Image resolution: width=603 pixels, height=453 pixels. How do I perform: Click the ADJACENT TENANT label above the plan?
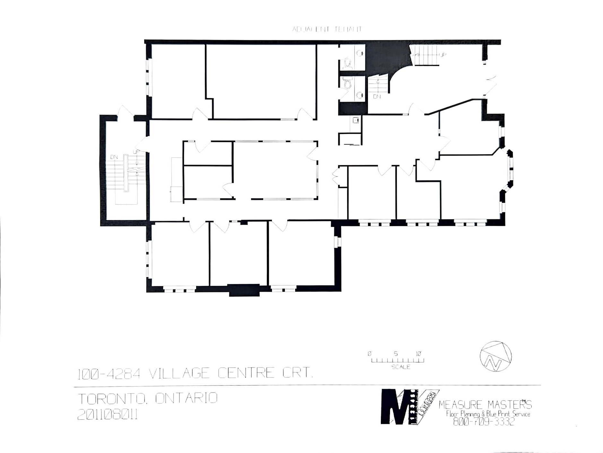click(327, 29)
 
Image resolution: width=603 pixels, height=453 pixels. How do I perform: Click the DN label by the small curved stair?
click(377, 96)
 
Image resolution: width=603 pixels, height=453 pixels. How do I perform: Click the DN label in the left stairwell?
click(114, 157)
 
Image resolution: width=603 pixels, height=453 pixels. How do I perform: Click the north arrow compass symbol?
click(495, 356)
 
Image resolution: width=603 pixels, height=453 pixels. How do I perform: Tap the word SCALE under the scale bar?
click(400, 367)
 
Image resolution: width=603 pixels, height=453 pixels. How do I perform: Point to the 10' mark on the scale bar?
click(418, 354)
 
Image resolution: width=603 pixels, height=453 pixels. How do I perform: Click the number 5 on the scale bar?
click(396, 354)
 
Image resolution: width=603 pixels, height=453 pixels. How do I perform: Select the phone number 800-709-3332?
click(484, 421)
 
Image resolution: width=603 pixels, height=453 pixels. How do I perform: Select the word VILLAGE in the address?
click(180, 373)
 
